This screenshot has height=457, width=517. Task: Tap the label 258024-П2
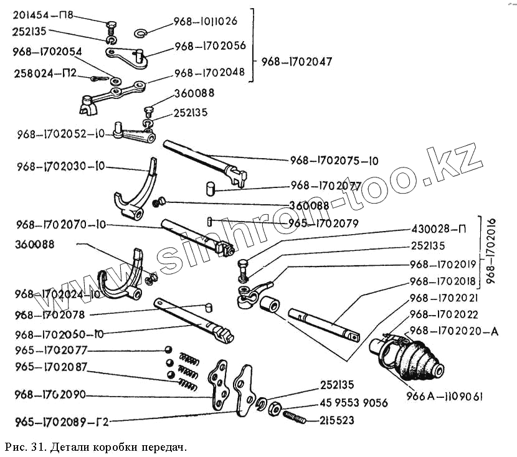(x=44, y=74)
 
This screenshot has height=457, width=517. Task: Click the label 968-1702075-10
(x=334, y=161)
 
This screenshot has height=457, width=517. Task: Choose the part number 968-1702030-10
(x=61, y=166)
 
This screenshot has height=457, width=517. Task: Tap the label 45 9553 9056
(x=354, y=403)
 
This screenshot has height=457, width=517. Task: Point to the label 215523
(x=337, y=421)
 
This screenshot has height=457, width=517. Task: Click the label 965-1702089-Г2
(x=55, y=422)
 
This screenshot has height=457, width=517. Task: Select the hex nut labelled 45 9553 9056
(x=273, y=408)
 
